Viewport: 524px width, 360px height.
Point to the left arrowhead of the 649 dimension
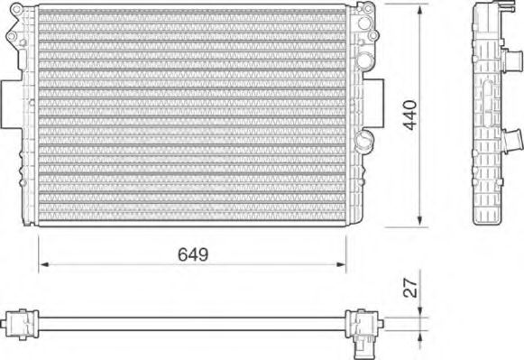[x=41, y=265]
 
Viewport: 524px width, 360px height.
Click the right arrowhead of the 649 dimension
[x=343, y=265]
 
